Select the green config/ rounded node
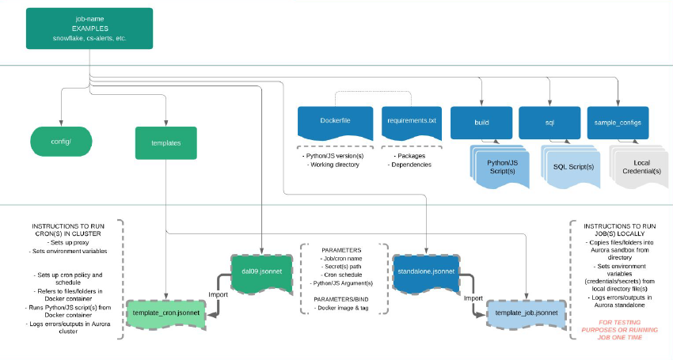point(61,142)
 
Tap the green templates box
point(165,143)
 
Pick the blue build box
point(481,123)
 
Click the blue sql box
point(549,123)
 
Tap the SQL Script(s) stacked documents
point(571,167)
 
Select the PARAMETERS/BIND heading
point(343,298)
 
